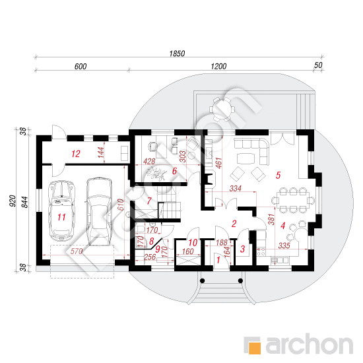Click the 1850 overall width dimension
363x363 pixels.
tap(177, 53)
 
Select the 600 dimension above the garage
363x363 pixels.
tap(81, 67)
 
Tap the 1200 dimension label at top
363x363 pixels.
tap(218, 67)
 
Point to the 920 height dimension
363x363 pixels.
tap(13, 201)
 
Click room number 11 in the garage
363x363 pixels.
tap(61, 217)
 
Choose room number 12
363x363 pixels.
tap(76, 154)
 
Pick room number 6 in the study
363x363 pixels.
tap(174, 171)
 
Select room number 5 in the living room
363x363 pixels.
tap(279, 175)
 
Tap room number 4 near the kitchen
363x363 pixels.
tap(282, 226)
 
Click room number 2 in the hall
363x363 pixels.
tap(234, 224)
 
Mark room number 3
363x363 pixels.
tap(242, 249)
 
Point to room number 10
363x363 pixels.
tap(193, 243)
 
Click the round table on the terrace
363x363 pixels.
tap(222, 110)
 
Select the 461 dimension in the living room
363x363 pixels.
tap(218, 163)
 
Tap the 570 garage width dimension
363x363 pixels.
tap(77, 251)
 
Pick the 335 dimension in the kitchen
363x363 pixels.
tap(284, 246)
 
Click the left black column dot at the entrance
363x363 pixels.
tap(203, 280)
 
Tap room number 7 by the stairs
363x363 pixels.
tap(149, 201)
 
